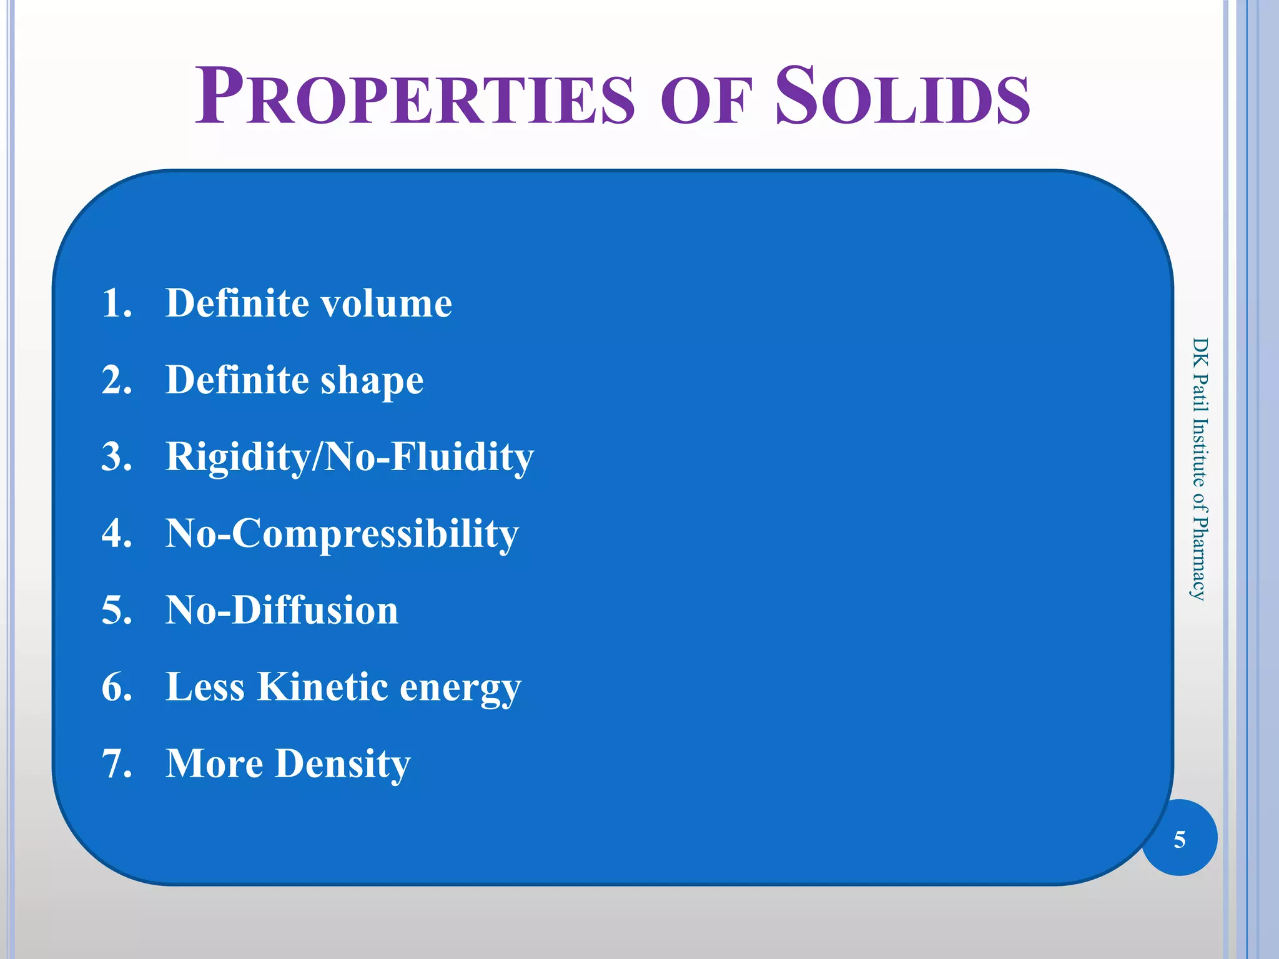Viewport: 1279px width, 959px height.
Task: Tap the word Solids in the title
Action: (902, 97)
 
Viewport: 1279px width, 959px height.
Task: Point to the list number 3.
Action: (117, 456)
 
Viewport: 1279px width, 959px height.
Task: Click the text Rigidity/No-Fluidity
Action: (349, 456)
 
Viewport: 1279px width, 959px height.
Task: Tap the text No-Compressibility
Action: (342, 534)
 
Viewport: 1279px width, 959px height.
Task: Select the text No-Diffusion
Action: (282, 610)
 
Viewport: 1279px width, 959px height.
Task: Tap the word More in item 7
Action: (214, 764)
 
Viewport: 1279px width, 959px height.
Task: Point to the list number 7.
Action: (117, 764)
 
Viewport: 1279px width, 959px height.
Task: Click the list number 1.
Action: (117, 303)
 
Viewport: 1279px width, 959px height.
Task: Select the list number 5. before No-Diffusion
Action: (117, 610)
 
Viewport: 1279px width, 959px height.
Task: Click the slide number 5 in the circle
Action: (1179, 840)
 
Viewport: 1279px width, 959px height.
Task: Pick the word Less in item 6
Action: (205, 687)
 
